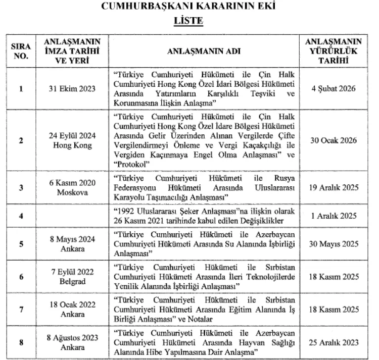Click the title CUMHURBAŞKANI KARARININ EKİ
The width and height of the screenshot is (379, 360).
[x=189, y=7]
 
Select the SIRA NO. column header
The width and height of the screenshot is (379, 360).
[x=21, y=52]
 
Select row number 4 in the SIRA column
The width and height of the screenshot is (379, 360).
[x=21, y=216]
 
